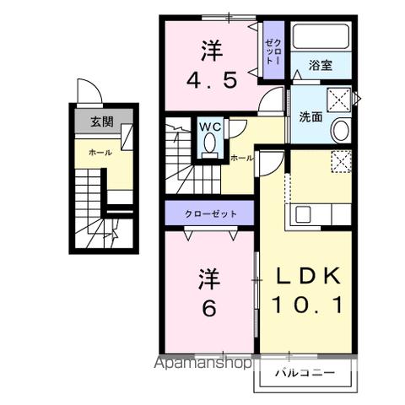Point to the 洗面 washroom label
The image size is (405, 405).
pos(310,117)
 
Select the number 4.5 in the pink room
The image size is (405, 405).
pos(211,81)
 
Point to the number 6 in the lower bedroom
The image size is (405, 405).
pos(208,308)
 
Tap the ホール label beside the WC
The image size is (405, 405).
pos(240,158)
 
